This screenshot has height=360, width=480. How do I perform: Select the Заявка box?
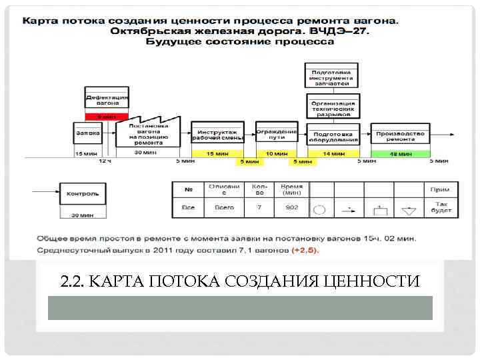[87, 133]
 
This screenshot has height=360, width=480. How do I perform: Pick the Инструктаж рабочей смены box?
[218, 134]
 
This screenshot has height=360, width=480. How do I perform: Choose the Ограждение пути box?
[277, 133]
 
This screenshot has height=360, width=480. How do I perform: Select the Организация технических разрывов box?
[333, 107]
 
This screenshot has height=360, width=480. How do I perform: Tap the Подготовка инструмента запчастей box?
[331, 76]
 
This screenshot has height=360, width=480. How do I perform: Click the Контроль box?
[83, 193]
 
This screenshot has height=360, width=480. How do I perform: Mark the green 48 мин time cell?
[400, 153]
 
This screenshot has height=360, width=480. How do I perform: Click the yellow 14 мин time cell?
[333, 153]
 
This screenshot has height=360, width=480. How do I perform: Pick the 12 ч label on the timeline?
[106, 161]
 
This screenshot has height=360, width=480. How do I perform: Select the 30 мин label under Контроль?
[83, 215]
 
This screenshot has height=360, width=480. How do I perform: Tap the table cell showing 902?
[291, 208]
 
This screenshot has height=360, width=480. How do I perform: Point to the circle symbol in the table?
[319, 209]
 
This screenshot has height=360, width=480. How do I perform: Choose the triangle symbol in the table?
[409, 211]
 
